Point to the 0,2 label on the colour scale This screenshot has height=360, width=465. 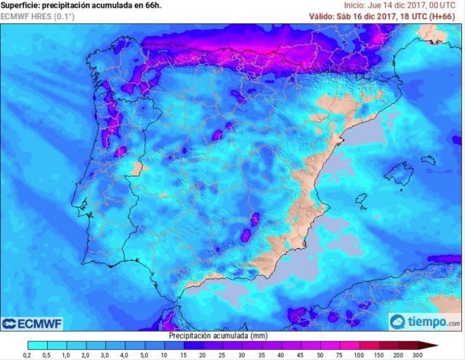27,354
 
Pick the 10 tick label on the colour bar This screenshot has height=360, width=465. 182,354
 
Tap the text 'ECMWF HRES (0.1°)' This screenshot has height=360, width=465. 37,16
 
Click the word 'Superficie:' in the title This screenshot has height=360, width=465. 22,5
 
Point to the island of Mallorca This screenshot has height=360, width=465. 399,173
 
